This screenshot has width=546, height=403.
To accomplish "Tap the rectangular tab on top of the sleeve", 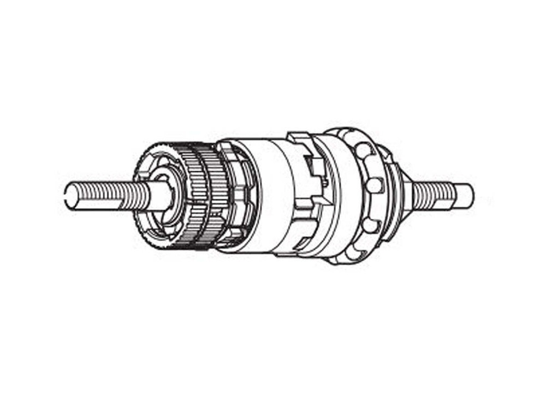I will click(299, 139).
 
